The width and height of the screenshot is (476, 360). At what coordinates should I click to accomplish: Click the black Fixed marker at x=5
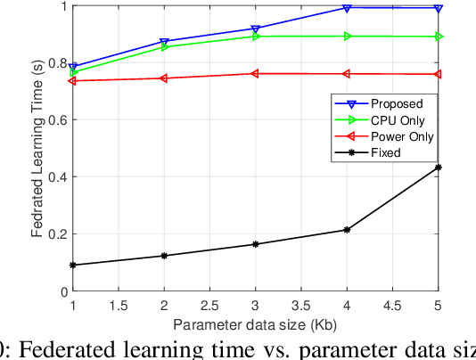click(x=439, y=168)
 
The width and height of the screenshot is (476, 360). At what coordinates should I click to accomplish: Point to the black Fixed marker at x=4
click(x=347, y=230)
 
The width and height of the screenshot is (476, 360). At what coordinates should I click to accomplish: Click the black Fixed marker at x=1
click(x=72, y=265)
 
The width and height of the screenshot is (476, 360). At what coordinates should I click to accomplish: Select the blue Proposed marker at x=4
click(x=347, y=8)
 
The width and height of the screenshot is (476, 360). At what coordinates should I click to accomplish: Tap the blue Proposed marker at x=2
click(x=164, y=42)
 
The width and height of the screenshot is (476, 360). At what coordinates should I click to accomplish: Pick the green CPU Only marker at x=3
click(x=256, y=37)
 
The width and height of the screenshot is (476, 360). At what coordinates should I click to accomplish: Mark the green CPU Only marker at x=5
click(x=439, y=37)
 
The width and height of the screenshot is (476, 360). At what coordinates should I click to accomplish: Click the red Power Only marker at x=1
click(x=72, y=81)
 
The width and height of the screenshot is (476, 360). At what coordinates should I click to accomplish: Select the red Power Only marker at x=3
click(x=256, y=74)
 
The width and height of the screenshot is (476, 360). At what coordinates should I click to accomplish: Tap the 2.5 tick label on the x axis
click(x=209, y=304)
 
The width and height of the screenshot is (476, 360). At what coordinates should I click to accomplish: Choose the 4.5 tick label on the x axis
click(x=392, y=304)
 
